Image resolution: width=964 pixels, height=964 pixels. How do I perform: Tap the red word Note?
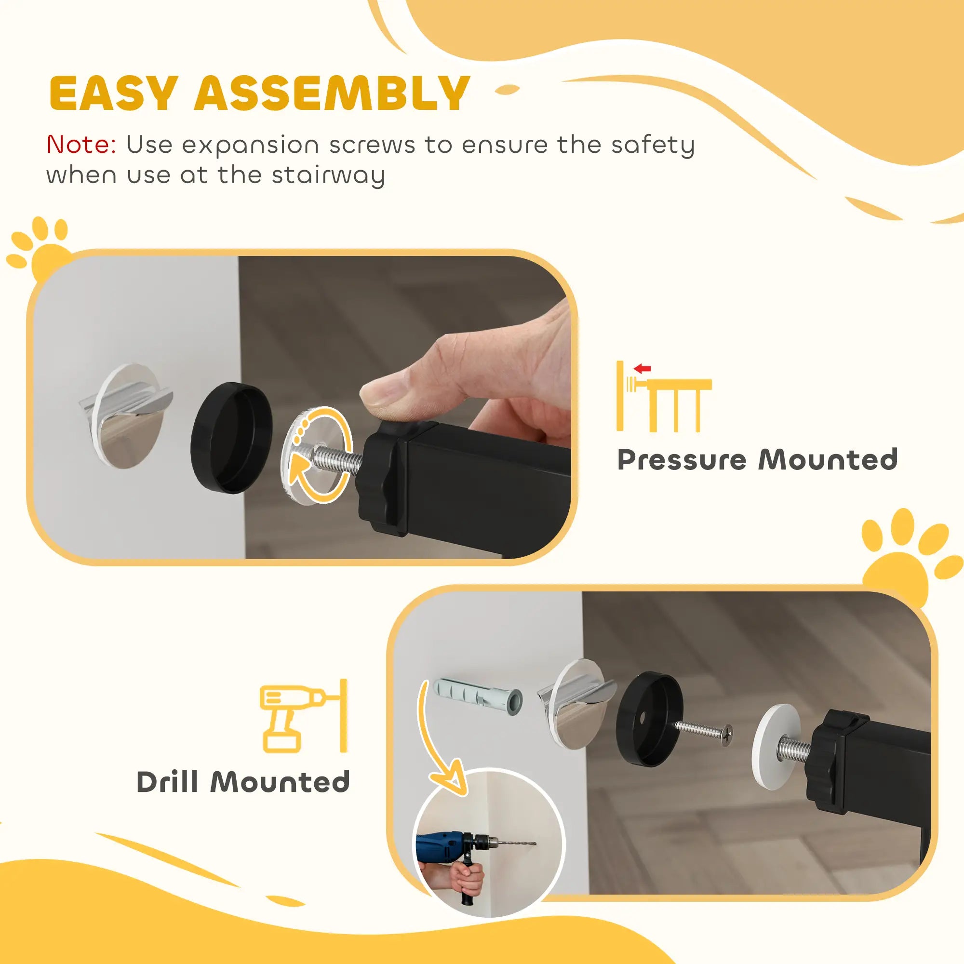(81, 145)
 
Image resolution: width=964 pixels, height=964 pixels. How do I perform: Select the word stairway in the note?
(328, 175)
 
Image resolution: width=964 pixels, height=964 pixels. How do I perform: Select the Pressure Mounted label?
(757, 459)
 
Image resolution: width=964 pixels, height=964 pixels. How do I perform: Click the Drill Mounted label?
(243, 782)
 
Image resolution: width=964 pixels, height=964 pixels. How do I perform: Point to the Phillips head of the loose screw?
(727, 733)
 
